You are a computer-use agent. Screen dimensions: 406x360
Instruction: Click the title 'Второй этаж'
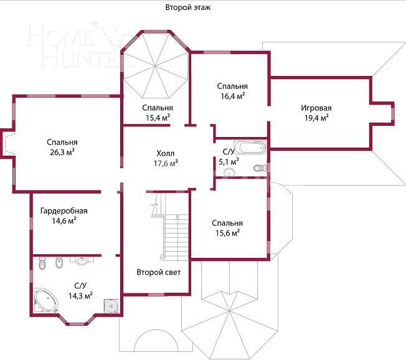(187, 7)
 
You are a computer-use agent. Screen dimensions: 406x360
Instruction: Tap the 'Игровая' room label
(316, 108)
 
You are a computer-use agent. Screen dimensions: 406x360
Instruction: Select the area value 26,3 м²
(62, 152)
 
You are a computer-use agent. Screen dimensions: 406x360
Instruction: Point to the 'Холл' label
(166, 153)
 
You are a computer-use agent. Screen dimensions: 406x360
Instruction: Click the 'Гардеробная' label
(64, 211)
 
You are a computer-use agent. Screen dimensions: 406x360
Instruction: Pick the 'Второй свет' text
(158, 272)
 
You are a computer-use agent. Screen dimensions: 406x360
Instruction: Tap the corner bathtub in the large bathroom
(45, 300)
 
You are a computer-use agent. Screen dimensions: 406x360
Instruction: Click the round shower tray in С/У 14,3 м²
(111, 306)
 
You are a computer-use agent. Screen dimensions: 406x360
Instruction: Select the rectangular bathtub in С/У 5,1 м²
(250, 148)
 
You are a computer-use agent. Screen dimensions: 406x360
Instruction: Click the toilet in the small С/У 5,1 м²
(260, 168)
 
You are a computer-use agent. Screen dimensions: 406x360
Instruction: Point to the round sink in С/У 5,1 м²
(229, 172)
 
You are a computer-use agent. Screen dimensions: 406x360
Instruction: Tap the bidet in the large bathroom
(59, 262)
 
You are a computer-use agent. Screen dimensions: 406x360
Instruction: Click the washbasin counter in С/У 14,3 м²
(82, 260)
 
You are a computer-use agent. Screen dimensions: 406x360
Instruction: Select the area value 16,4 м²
(232, 96)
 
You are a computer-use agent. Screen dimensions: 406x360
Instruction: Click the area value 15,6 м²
(228, 233)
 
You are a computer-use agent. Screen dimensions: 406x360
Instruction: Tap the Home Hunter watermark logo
(78, 45)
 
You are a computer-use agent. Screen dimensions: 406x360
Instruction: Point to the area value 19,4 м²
(316, 118)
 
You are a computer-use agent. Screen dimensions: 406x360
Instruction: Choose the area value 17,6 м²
(166, 163)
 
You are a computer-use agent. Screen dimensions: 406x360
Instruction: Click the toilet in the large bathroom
(42, 263)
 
